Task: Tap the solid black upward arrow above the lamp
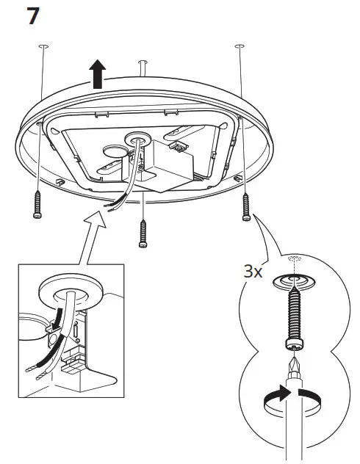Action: click(x=97, y=74)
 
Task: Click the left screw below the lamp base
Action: click(x=37, y=203)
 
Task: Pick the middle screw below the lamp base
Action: click(x=143, y=233)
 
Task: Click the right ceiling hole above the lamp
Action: click(x=238, y=46)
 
